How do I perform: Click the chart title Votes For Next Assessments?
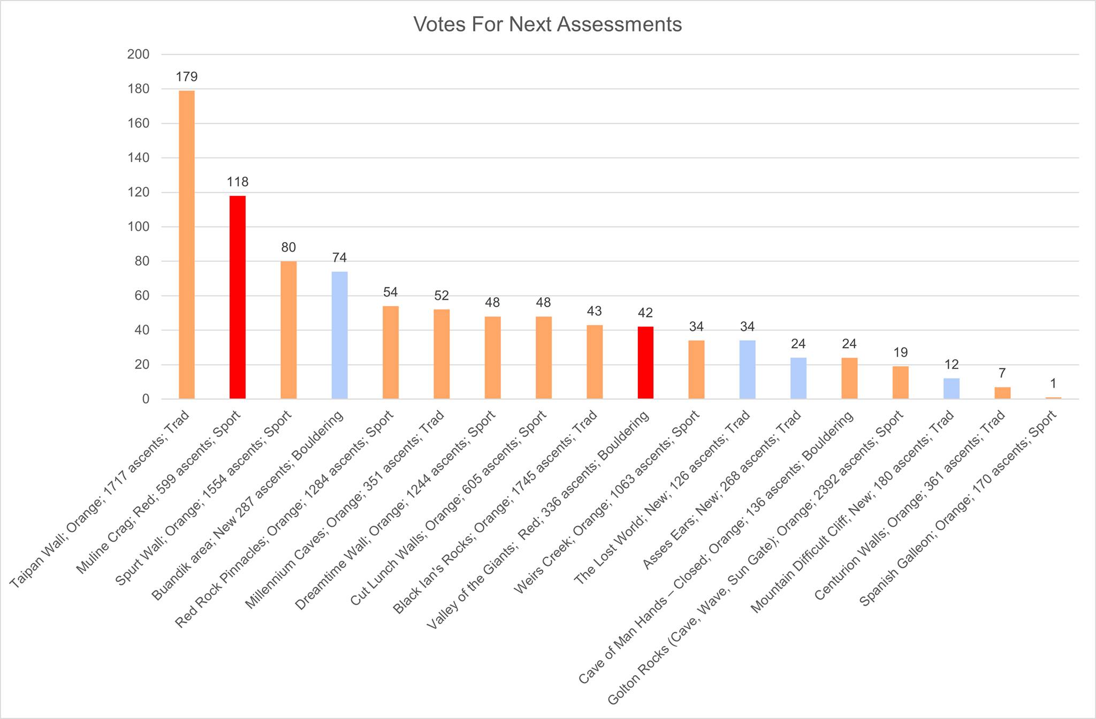547,25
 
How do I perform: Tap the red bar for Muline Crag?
238,297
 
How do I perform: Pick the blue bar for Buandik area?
339,335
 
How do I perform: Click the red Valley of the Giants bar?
645,362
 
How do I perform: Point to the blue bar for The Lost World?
748,369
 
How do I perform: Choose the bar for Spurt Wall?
288,330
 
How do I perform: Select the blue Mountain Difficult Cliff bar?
952,388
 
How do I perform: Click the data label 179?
186,77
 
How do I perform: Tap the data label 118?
238,182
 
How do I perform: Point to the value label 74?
339,258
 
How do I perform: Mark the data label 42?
645,313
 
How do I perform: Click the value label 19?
901,353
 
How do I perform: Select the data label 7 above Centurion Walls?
1002,373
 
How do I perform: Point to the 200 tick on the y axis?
138,55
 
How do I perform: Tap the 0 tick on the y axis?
145,399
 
